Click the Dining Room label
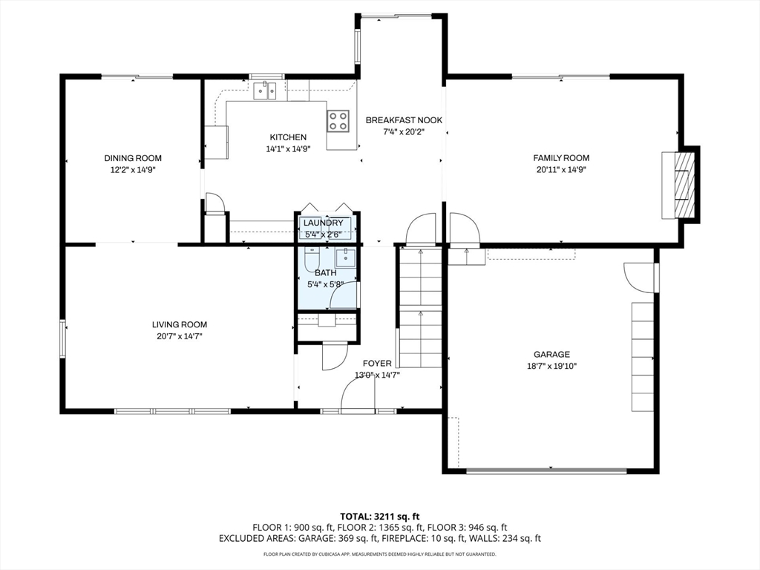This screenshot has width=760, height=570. coord(133,158)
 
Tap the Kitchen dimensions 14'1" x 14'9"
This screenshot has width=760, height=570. coord(288,149)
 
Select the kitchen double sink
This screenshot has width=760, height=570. coord(265,91)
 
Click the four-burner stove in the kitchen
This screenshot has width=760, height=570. coord(338,121)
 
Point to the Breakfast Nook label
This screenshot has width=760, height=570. coord(404,120)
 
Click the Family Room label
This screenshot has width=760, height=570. coord(561,158)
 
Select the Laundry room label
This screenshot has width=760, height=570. coord(324,223)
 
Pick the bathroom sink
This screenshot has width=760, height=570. coord(346,258)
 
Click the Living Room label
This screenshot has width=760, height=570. coord(180,325)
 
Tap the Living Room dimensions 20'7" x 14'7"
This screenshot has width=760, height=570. coord(180,336)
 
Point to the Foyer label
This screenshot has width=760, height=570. coord(377,364)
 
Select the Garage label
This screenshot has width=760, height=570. coord(551,354)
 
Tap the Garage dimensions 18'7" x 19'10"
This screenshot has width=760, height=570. coord(551,367)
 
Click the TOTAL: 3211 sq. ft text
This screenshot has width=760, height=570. coord(379,517)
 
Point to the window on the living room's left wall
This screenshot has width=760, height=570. coord(62,338)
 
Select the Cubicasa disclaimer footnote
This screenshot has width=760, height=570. coord(379,554)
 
